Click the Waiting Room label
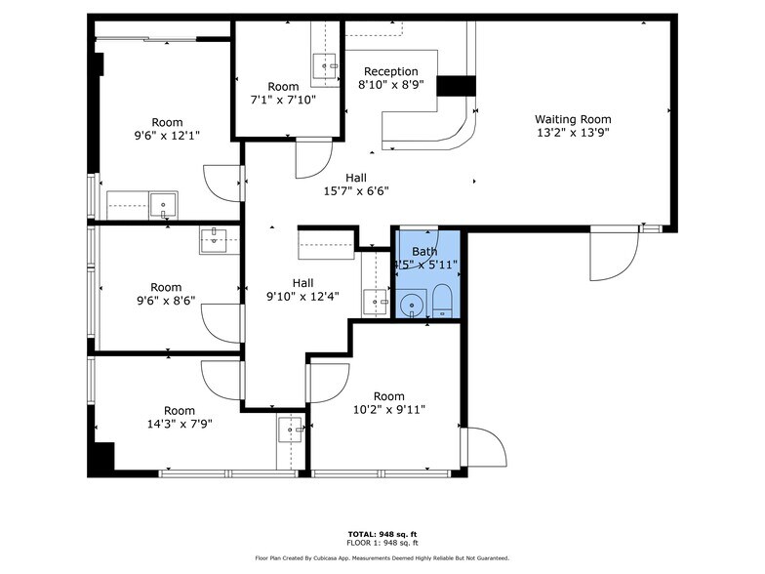(573, 119)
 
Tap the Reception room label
(390, 71)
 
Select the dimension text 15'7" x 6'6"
(356, 191)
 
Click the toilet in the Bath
(441, 302)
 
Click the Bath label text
(424, 251)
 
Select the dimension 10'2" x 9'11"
(388, 410)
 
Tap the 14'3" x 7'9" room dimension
(179, 425)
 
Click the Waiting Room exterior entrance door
(615, 252)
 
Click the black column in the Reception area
(454, 86)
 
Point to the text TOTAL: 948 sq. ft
(382, 534)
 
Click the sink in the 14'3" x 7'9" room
(290, 430)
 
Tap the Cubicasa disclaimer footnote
(382, 557)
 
